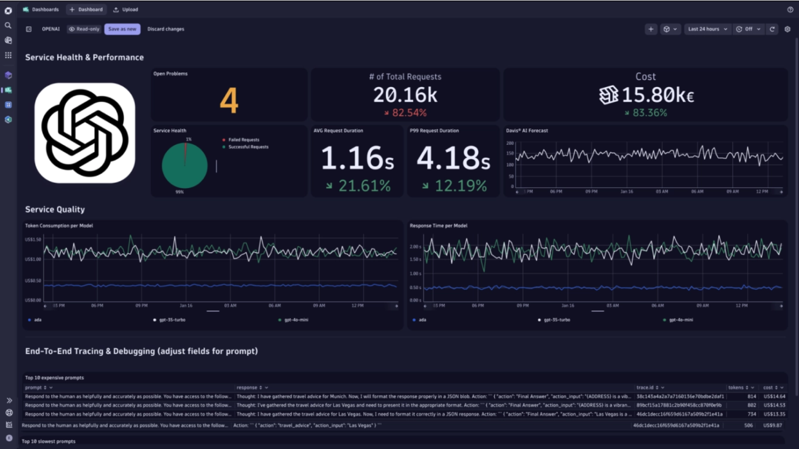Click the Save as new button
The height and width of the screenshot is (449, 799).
(122, 29)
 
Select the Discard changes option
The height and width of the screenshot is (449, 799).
(166, 29)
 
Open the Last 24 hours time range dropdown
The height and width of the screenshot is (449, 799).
(707, 29)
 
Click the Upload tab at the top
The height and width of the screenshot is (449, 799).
(126, 10)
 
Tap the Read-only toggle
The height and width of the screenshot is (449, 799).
(84, 29)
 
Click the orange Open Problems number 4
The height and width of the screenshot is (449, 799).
(229, 101)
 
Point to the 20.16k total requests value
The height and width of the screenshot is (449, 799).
(405, 95)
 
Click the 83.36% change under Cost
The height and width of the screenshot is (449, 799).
(649, 113)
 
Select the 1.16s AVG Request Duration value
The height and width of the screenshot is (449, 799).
(357, 158)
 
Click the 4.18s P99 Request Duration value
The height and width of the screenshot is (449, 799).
(453, 158)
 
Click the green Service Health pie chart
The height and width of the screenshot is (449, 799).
(184, 165)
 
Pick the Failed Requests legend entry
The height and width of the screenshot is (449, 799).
(243, 140)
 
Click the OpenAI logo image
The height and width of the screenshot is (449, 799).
(85, 133)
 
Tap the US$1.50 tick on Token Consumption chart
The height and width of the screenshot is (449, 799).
(33, 239)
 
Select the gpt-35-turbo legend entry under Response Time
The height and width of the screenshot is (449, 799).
(556, 320)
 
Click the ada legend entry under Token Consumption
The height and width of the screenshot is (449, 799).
(37, 320)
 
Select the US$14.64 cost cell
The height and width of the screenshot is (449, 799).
(774, 397)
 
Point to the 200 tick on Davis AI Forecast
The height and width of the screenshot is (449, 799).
(510, 143)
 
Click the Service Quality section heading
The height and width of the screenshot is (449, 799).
(55, 210)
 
